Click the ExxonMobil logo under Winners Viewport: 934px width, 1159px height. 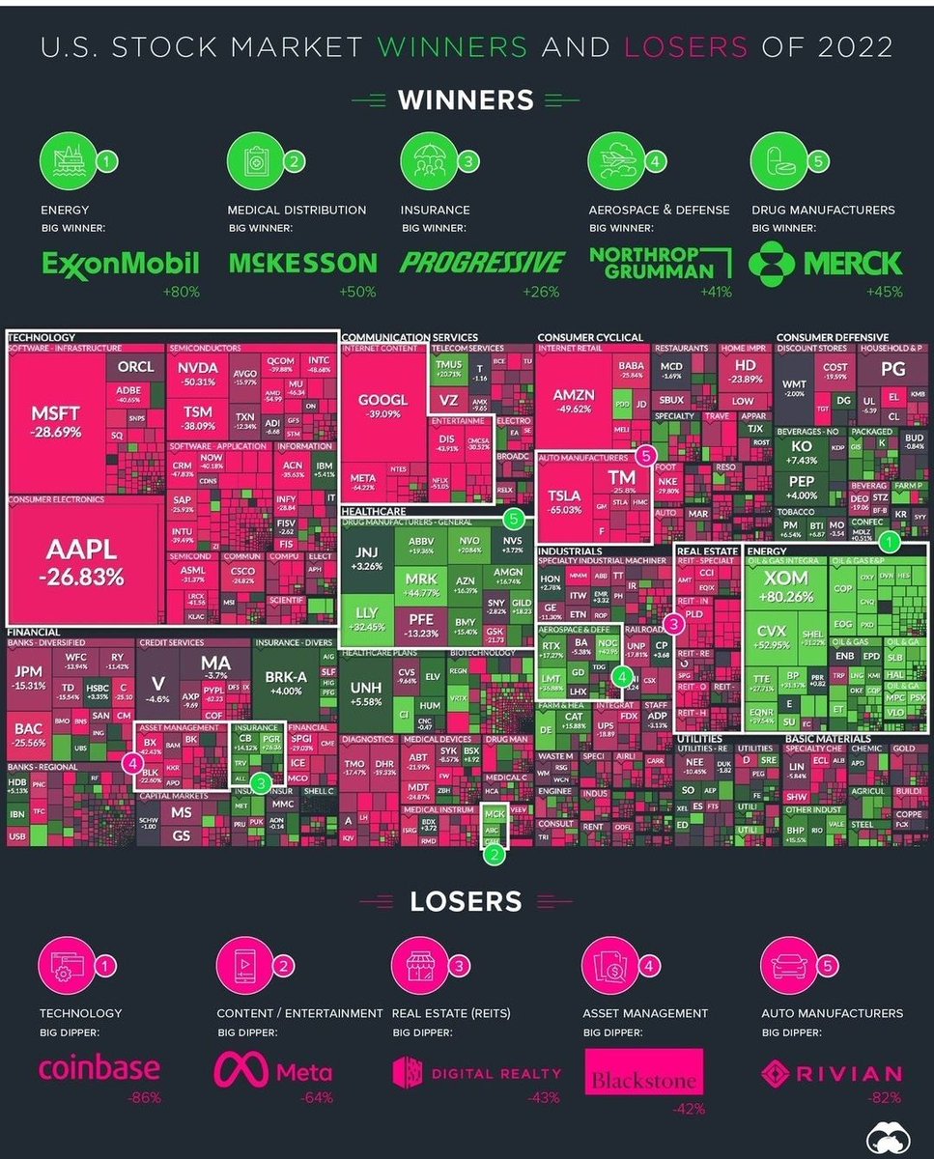click(x=120, y=263)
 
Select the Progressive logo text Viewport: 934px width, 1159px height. click(x=483, y=263)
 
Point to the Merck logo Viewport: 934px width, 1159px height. click(x=826, y=263)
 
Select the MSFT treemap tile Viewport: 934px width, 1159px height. click(x=56, y=421)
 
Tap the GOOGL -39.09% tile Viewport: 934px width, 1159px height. click(x=383, y=406)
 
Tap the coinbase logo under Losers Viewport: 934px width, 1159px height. click(x=99, y=1070)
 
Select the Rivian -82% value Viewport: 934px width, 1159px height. click(x=886, y=1097)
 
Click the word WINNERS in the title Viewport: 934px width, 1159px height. click(x=452, y=46)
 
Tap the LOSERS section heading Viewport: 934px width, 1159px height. click(x=466, y=901)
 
